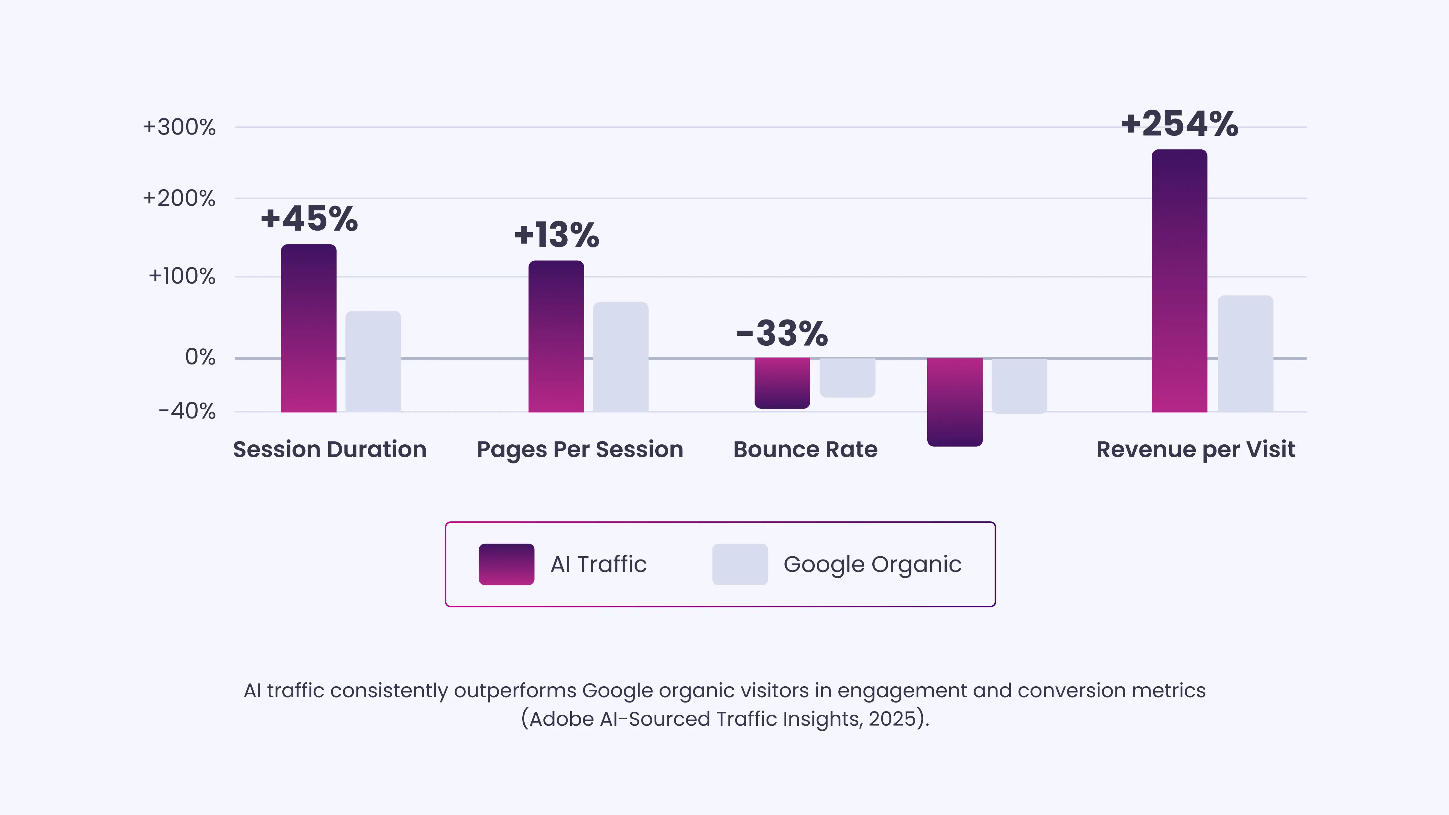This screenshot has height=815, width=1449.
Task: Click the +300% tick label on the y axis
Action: pyautogui.click(x=179, y=127)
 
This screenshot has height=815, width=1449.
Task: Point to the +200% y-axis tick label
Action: pyautogui.click(x=179, y=199)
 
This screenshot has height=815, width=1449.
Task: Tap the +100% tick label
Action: pyautogui.click(x=182, y=276)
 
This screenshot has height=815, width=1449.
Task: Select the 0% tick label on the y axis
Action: pyautogui.click(x=200, y=357)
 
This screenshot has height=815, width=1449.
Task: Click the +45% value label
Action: pyautogui.click(x=309, y=219)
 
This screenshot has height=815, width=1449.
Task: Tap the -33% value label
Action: pyautogui.click(x=782, y=333)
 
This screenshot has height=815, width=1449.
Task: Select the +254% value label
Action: pyautogui.click(x=1180, y=124)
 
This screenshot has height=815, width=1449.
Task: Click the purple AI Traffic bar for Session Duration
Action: pyautogui.click(x=309, y=329)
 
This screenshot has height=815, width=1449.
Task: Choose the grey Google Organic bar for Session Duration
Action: pyautogui.click(x=373, y=362)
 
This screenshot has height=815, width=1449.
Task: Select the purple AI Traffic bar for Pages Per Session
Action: pyautogui.click(x=556, y=336)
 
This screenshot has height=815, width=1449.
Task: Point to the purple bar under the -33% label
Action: pyautogui.click(x=782, y=383)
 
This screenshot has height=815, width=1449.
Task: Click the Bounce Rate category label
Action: pyautogui.click(x=805, y=450)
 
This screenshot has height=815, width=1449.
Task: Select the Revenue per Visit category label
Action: pyautogui.click(x=1195, y=450)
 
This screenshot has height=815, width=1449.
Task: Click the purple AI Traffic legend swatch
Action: pyautogui.click(x=506, y=564)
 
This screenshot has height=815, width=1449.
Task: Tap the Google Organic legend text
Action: pyautogui.click(x=872, y=564)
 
